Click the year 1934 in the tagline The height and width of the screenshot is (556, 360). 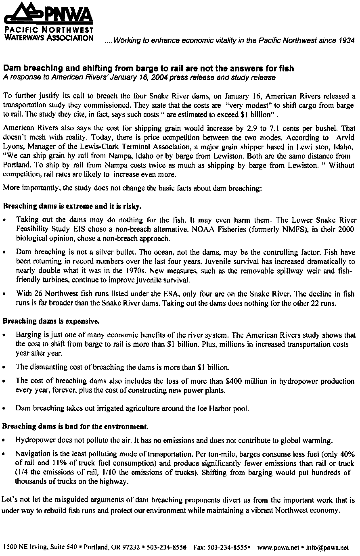pyautogui.click(x=346, y=40)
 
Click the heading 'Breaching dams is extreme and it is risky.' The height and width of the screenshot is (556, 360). pyautogui.click(x=73, y=207)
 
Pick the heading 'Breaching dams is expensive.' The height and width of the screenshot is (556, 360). pyautogui.click(x=51, y=322)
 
